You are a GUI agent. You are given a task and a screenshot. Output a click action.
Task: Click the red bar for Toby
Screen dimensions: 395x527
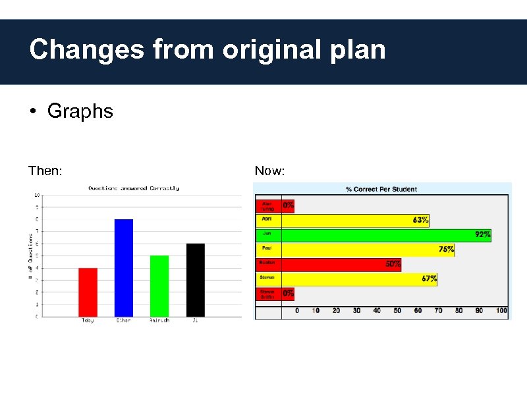[88, 292]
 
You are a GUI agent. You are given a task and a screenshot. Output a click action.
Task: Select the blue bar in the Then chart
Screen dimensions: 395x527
[124, 267]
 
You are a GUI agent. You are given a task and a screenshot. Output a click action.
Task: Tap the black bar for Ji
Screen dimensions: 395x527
[196, 280]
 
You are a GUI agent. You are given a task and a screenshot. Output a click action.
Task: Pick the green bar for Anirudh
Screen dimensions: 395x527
[159, 286]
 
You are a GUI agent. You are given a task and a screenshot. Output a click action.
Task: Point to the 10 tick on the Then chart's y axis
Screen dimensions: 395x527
[37, 195]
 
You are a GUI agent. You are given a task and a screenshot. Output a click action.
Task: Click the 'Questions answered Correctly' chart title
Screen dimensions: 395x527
[134, 188]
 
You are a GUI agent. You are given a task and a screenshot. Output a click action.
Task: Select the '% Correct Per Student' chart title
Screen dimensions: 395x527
[381, 190]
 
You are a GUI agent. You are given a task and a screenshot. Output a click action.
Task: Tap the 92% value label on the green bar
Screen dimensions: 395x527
[483, 234]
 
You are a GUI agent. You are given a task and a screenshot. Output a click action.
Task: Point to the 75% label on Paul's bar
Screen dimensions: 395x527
[447, 250]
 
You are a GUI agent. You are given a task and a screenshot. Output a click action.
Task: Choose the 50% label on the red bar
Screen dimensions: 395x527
[393, 264]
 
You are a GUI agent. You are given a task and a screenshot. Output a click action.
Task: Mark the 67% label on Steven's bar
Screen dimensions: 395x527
[429, 278]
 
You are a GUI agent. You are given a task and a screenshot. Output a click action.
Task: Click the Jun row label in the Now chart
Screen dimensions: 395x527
[267, 233]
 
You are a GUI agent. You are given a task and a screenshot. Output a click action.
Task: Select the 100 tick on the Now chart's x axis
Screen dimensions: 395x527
[501, 310]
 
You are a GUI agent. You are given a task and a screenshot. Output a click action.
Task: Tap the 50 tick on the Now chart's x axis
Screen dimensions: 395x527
[397, 310]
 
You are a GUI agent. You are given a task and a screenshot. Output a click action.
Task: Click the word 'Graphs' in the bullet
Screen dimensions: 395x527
[80, 111]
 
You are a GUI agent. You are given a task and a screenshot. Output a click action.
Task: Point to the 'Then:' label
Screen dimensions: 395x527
[45, 171]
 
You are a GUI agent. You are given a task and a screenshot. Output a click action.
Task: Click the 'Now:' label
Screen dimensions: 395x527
[269, 171]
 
